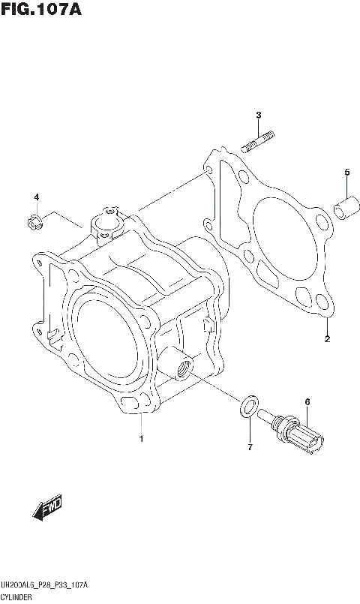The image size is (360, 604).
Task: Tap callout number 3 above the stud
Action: coord(258,115)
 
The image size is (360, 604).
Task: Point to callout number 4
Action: coord(35,197)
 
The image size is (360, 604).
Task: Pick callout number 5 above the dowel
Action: coord(347,173)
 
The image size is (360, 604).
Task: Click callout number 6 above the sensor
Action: coord(307,403)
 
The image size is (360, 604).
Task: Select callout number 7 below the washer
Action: coord(250,448)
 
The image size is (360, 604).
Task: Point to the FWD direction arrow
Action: coord(47,509)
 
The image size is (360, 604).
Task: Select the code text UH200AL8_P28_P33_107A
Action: coord(45,584)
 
